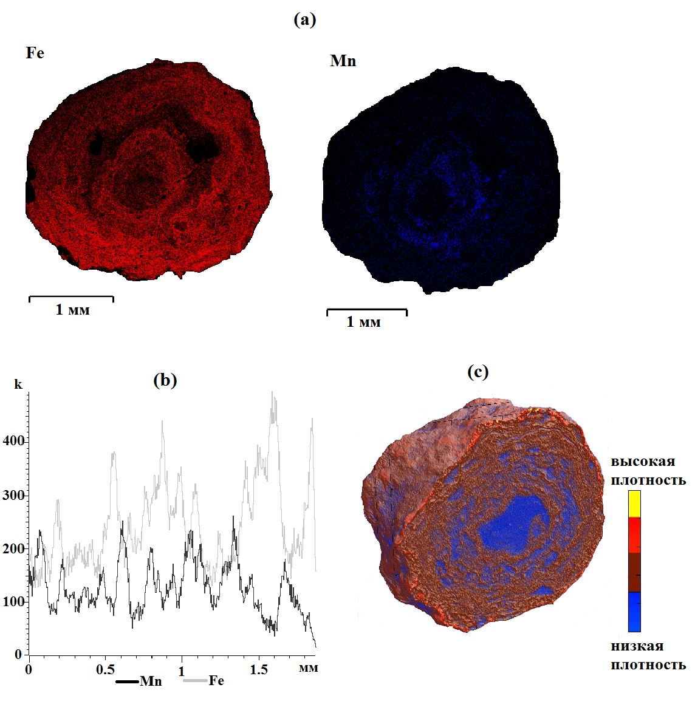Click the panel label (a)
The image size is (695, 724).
pos(304,20)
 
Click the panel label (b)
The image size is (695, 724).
pos(165,381)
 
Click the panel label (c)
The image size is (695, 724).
pos(478,372)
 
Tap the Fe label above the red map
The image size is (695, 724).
pos(35,53)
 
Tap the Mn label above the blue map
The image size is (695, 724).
pos(343,61)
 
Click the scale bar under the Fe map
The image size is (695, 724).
pos(71,298)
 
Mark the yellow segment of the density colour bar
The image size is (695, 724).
pos(634,504)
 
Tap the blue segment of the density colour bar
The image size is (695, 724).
pos(634,612)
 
